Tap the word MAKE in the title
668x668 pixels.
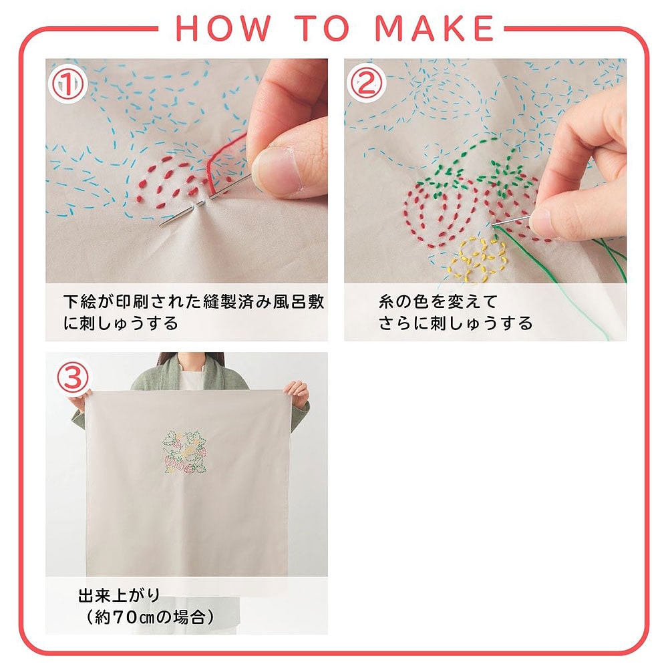point(434,28)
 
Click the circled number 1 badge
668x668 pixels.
point(68,84)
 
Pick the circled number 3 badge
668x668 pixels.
point(73,377)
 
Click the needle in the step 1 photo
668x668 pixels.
point(204,200)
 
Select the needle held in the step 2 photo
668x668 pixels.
point(511,221)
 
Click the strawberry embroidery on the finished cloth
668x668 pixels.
point(184,452)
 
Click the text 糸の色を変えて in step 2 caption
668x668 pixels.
point(438,302)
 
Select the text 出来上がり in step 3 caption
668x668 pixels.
point(119,595)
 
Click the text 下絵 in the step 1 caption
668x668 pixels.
point(80,302)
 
